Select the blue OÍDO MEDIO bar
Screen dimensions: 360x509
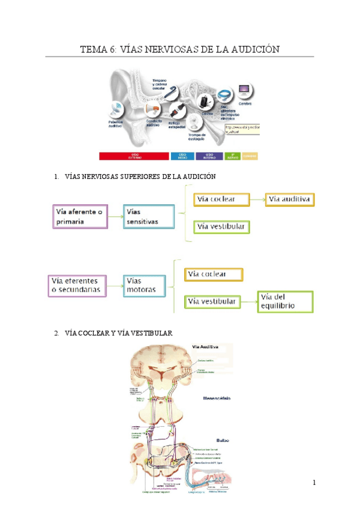coord(182,156)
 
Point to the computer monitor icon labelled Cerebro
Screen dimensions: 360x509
coord(245,92)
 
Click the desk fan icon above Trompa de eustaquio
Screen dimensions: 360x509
coord(196,124)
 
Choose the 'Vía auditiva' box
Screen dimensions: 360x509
coord(290,199)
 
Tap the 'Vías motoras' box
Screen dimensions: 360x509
coord(145,285)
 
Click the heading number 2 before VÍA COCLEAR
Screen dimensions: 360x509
coord(55,333)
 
